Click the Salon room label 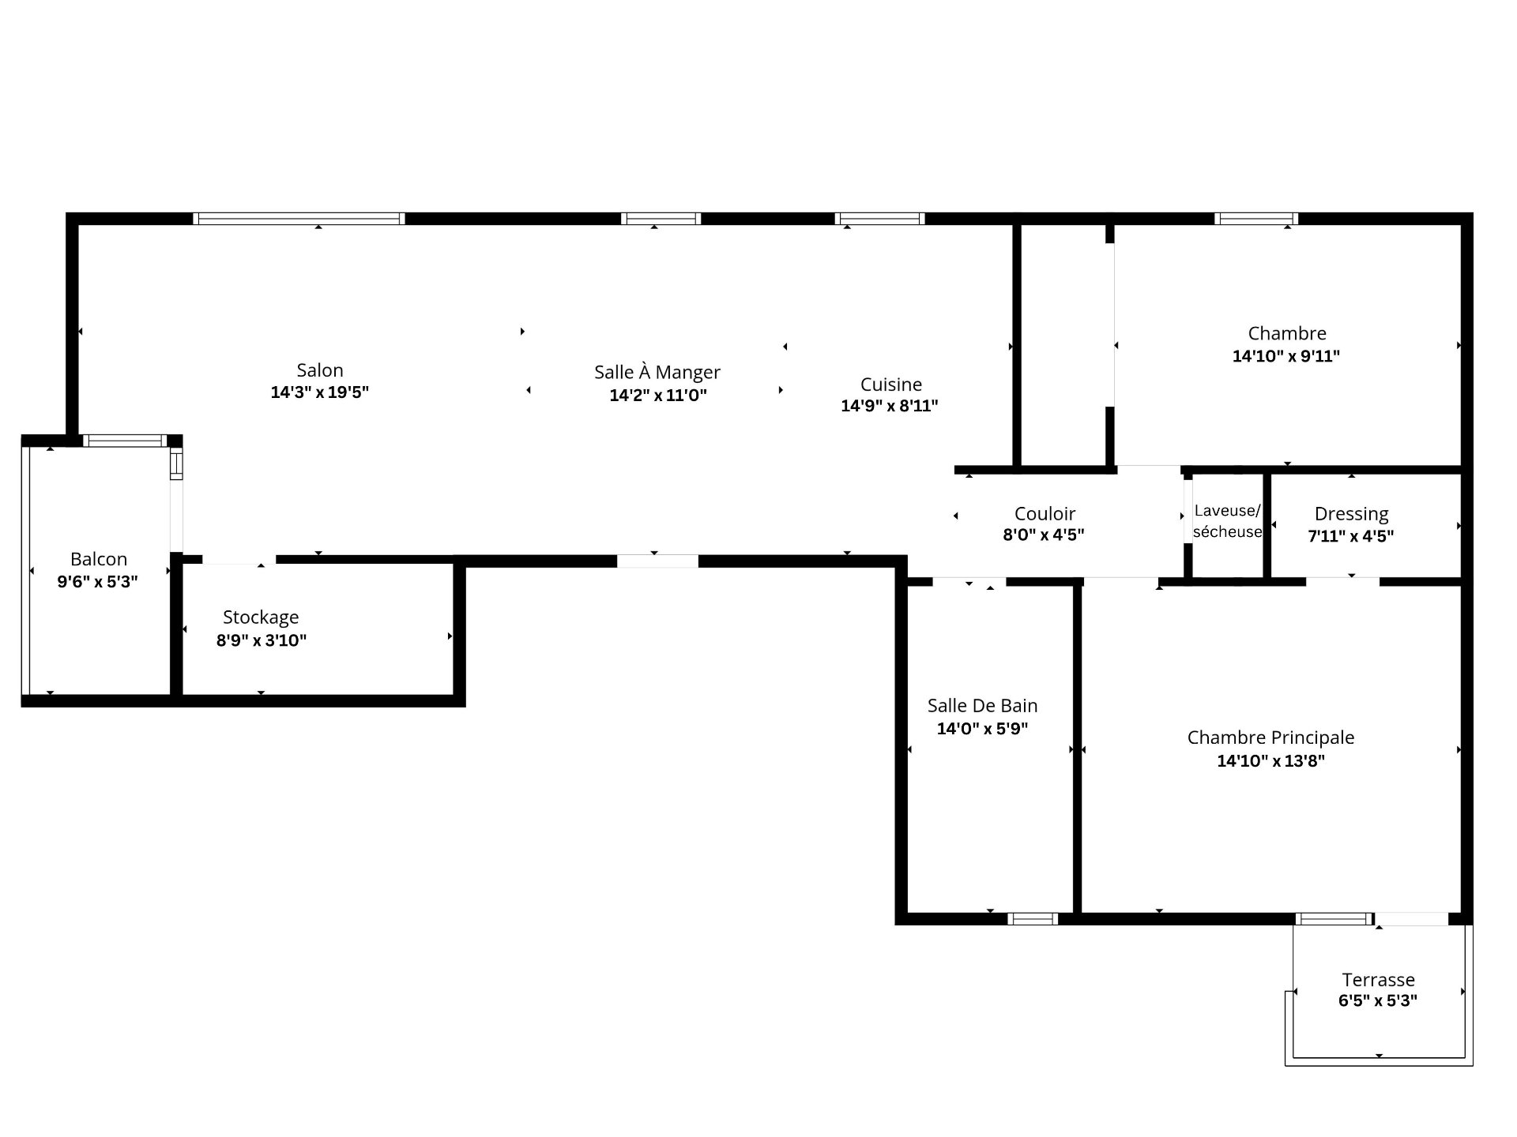[x=320, y=370]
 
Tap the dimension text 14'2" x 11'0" [x=658, y=395]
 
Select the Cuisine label [x=891, y=385]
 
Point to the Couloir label [x=1045, y=514]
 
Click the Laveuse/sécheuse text [x=1227, y=521]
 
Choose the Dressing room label [x=1351, y=514]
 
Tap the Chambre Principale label [x=1270, y=737]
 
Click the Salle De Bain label [x=982, y=706]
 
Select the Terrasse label [x=1378, y=980]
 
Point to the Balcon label [x=99, y=559]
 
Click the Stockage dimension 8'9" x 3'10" [x=262, y=640]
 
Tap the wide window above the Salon [x=299, y=219]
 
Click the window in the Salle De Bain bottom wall [x=1033, y=918]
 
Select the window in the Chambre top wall [x=1255, y=219]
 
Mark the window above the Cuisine [x=879, y=219]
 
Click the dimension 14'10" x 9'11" [x=1286, y=356]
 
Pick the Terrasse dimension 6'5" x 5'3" [x=1377, y=1001]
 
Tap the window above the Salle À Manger [x=661, y=219]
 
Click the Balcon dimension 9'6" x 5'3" [x=98, y=582]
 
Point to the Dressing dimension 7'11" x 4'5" [x=1350, y=536]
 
